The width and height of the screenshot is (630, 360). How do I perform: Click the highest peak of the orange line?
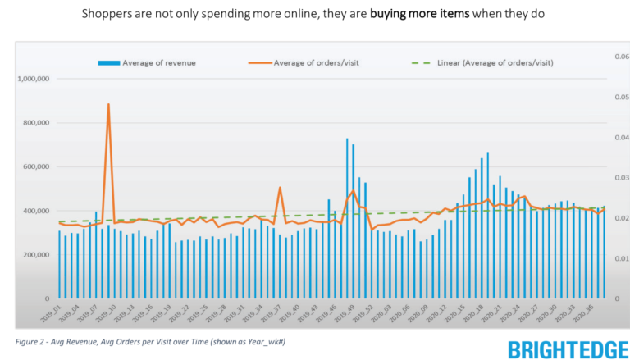tap(108, 105)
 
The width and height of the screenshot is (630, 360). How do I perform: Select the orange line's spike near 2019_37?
tap(280, 188)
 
